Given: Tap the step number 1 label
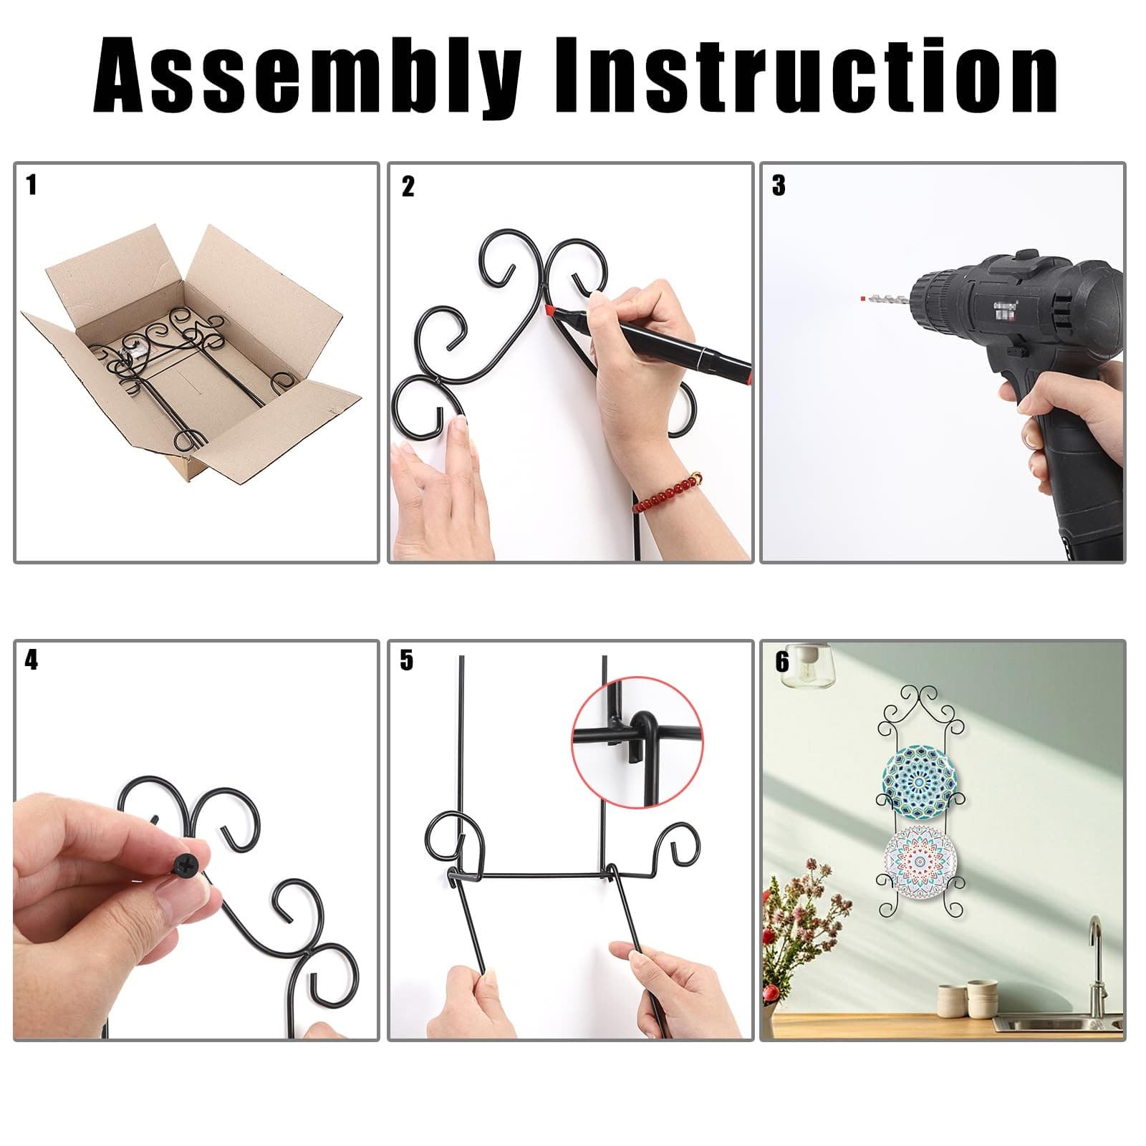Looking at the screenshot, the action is [31, 185].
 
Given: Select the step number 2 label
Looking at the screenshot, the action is [408, 186].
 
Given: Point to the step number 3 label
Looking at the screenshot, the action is [779, 186].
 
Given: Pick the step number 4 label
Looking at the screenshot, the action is [31, 660].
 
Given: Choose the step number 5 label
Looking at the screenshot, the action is [407, 660].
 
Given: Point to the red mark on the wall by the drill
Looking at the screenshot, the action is [862, 296].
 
